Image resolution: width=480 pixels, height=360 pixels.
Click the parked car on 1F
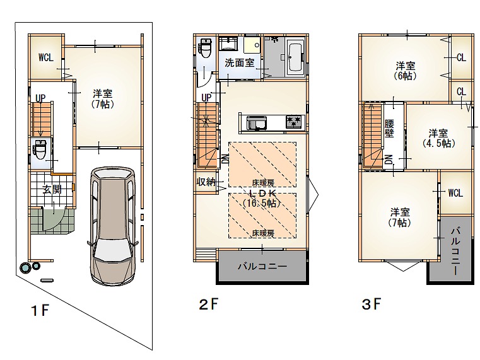(113, 226)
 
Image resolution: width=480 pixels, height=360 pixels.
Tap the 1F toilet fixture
(40, 149)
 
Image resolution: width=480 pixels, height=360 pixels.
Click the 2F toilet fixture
(204, 49)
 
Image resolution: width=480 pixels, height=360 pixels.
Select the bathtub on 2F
(295, 57)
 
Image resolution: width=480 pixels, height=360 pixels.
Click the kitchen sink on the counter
(257, 123)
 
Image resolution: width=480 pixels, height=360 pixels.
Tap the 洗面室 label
(240, 62)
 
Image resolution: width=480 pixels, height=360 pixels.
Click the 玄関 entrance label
(52, 189)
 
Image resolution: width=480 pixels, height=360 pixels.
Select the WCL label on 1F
(46, 57)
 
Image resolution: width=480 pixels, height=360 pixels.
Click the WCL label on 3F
(455, 193)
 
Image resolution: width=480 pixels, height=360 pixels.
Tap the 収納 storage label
(206, 182)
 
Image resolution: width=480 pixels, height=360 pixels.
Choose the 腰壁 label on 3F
(389, 129)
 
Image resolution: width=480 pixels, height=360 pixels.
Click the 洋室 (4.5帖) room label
(438, 138)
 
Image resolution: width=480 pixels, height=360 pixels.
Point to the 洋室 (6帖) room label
(406, 71)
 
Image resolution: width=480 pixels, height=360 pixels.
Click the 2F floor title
(209, 304)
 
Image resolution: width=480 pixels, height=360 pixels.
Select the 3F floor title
(372, 304)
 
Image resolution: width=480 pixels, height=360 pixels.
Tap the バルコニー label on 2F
(262, 266)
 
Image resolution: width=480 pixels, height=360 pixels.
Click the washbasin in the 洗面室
(228, 44)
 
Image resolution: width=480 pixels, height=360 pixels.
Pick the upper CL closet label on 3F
(461, 57)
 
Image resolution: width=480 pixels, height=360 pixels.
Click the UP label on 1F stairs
(40, 98)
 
